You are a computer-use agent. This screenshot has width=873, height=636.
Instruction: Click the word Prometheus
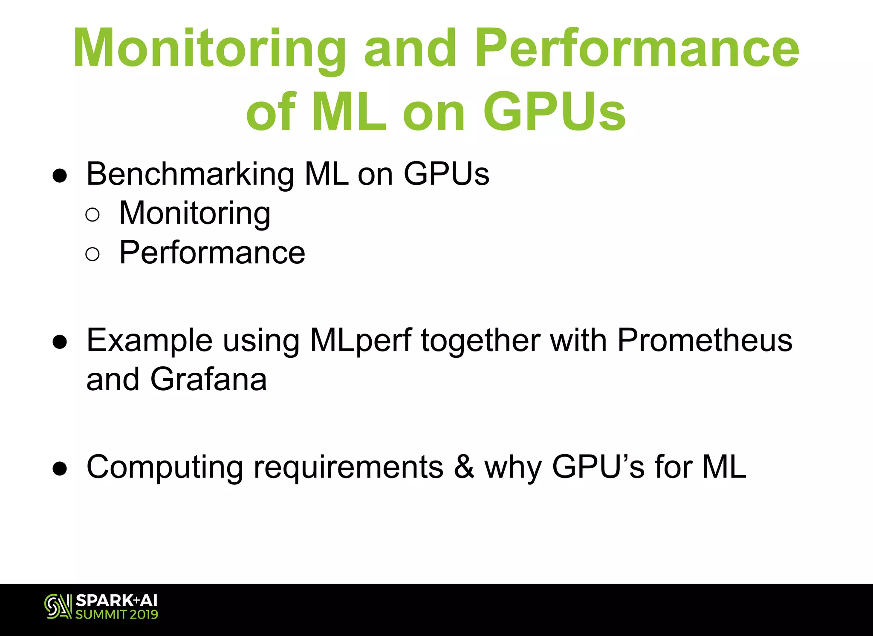point(705,340)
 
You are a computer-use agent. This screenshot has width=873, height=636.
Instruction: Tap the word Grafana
point(208,379)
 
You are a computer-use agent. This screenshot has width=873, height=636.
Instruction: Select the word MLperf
point(361,341)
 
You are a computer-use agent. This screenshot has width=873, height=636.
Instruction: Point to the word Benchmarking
point(190,174)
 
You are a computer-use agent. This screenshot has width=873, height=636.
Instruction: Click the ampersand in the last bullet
point(464,467)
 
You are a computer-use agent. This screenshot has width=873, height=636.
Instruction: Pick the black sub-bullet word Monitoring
point(195,213)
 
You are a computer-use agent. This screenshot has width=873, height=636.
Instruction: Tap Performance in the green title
point(637,48)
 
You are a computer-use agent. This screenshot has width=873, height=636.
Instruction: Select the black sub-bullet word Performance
point(212,253)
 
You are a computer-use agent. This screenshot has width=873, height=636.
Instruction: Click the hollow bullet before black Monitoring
point(93,215)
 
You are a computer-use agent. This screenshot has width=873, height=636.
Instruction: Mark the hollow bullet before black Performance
point(93,254)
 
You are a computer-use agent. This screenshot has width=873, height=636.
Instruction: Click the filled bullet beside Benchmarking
point(60,176)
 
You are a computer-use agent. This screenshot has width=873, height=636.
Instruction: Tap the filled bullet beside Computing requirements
point(60,469)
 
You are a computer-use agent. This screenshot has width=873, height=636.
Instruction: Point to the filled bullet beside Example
point(60,342)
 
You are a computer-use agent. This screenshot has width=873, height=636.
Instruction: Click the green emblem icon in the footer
point(58,606)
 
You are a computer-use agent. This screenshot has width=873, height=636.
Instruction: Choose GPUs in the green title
point(554,112)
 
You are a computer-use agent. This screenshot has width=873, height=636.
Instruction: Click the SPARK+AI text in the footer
point(116,601)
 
